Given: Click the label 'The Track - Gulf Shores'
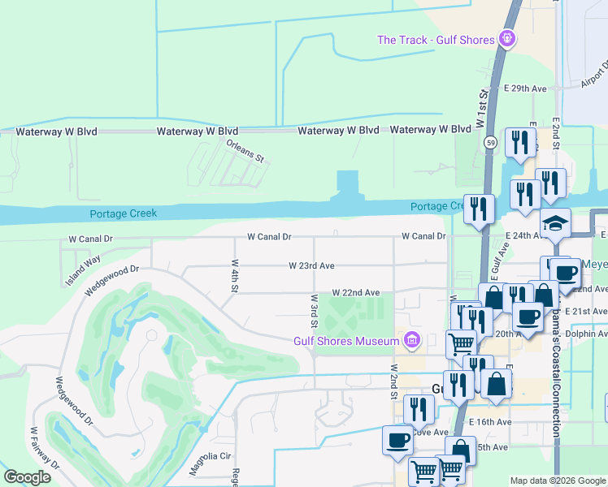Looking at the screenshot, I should click(x=436, y=40).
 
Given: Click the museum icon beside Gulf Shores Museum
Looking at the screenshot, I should click(x=412, y=340).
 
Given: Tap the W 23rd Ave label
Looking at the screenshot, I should click(x=312, y=265).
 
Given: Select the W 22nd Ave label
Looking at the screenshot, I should click(x=355, y=292).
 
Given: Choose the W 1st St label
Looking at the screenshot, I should click(x=482, y=108).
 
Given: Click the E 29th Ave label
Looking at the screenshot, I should click(x=526, y=88).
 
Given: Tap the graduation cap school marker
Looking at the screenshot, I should click(x=557, y=222).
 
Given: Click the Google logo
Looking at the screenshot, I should click(x=27, y=477).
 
